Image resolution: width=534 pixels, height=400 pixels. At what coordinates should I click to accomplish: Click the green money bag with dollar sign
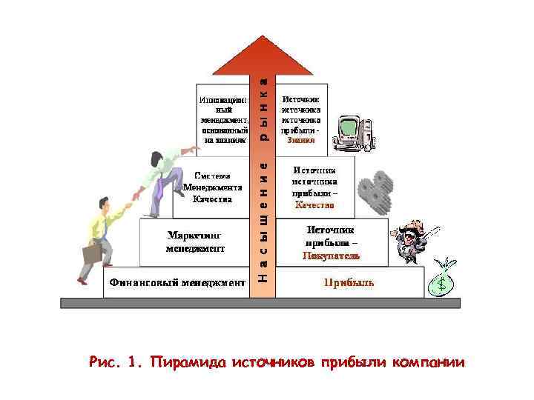point(444,279)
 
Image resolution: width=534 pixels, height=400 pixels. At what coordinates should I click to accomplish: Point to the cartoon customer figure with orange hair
point(410,239)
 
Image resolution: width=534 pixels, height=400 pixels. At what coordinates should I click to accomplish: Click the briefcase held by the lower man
point(92,253)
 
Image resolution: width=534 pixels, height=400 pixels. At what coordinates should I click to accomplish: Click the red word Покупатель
point(331,256)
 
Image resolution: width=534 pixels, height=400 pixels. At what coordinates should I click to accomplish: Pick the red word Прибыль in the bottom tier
point(349,282)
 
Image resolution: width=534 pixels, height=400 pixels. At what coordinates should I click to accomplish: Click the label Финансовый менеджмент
point(177,282)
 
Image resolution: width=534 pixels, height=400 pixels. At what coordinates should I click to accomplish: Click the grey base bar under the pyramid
point(260,302)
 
